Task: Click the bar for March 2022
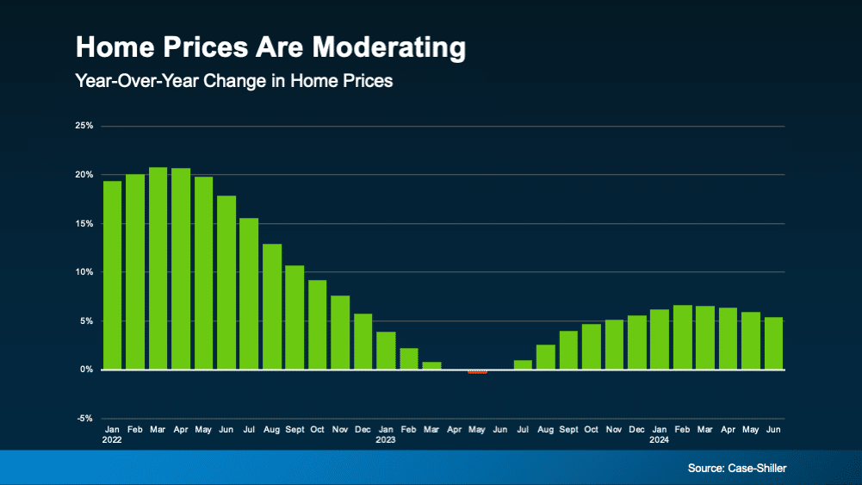[x=158, y=268]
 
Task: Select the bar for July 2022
[x=249, y=294]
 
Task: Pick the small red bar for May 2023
[x=477, y=372]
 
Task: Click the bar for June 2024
[x=773, y=344]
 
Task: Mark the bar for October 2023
[x=591, y=347]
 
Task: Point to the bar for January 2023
[x=386, y=351]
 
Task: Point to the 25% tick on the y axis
[x=84, y=126]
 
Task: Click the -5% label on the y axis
[x=84, y=419]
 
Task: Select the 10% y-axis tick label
[x=84, y=272]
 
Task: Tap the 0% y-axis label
[x=86, y=370]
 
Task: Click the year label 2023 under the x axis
[x=385, y=438]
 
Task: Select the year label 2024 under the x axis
[x=659, y=438]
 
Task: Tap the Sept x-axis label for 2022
[x=295, y=428]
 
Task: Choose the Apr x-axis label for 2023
[x=454, y=428]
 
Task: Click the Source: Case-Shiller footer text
[x=736, y=468]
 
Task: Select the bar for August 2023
[x=545, y=358]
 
